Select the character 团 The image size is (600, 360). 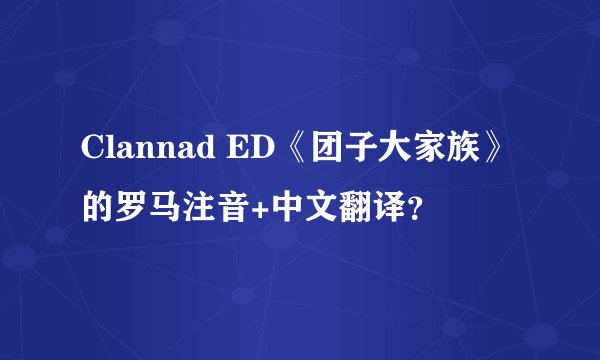click(316, 148)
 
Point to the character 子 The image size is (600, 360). click(351, 148)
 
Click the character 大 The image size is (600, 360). click(386, 148)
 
